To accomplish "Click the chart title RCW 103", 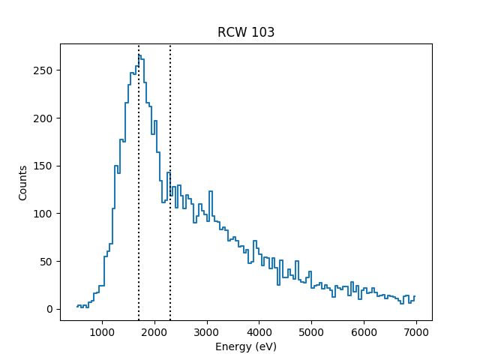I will coord(246,32).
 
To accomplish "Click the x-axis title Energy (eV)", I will coord(246,347).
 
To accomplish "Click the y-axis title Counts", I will coord(23,183).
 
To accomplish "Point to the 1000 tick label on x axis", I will coord(101,332).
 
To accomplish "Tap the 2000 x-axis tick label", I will coord(154,332).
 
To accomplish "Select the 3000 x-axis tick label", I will coord(206,332).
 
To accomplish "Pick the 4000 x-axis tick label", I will coord(259,332).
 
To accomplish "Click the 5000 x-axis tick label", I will coord(311,332).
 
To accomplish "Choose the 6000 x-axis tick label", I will coord(364,332).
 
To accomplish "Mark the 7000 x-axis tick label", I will coord(416,332).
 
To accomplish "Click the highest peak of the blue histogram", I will coord(139,55).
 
